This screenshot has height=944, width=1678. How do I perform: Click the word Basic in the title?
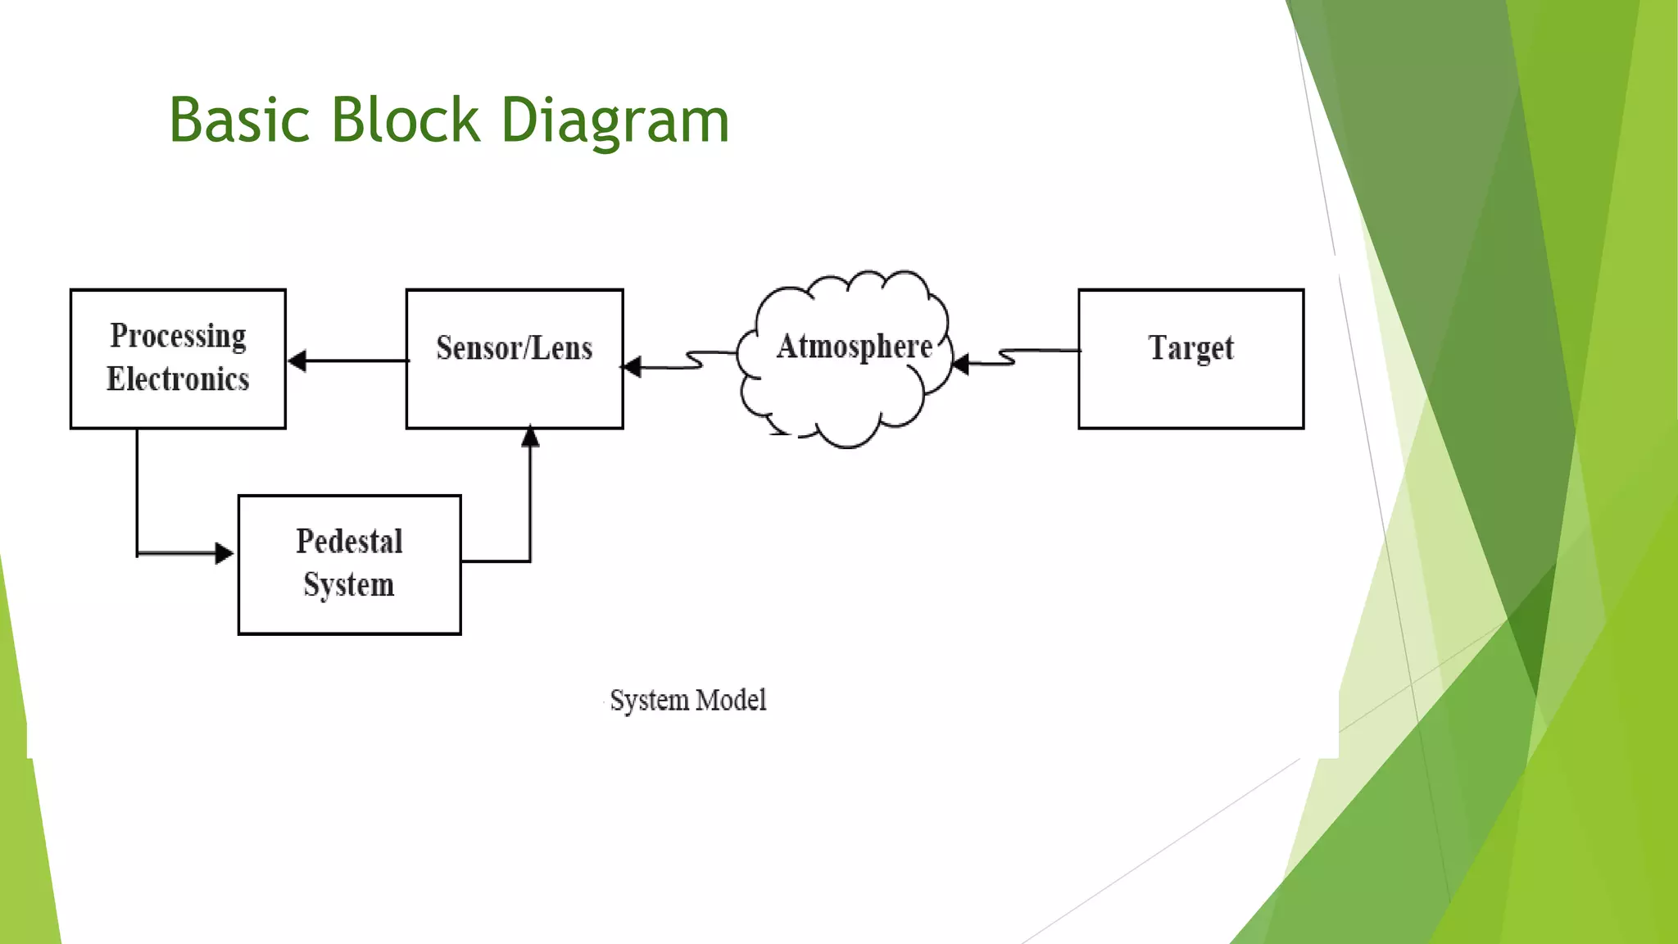(239, 120)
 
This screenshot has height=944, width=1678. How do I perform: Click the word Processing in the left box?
(178, 337)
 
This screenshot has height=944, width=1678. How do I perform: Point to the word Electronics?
(178, 379)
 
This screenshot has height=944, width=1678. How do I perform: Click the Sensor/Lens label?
(514, 348)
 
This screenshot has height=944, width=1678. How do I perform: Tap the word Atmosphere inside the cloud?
(854, 347)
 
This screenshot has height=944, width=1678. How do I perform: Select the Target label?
(1190, 348)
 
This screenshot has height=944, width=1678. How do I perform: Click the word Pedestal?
(349, 542)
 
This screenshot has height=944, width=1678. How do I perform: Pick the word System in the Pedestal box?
(349, 585)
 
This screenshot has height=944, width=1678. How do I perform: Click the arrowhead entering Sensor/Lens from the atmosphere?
(633, 366)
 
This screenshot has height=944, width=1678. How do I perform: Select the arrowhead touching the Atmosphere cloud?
(961, 363)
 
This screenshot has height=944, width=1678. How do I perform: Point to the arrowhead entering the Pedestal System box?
(224, 553)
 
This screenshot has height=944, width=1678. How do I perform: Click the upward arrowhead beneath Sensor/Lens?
(530, 437)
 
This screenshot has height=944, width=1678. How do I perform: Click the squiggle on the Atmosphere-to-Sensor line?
(695, 361)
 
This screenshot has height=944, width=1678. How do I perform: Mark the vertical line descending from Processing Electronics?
(137, 492)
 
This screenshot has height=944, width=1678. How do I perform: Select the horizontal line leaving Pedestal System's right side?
(496, 561)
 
